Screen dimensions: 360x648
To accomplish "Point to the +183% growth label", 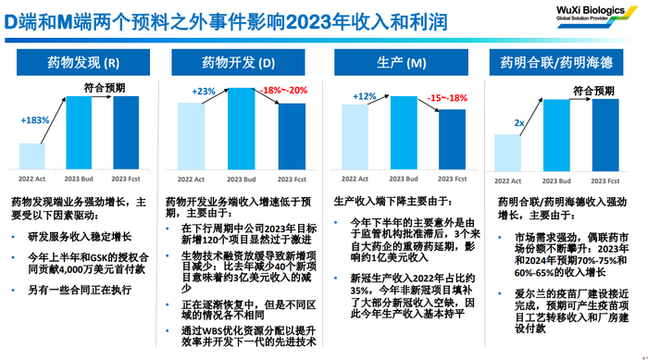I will tap(33, 121).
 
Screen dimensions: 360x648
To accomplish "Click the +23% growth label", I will tap(202, 91).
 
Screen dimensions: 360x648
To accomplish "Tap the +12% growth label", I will tap(365, 96).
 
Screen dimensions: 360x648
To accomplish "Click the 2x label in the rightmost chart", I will tap(519, 122).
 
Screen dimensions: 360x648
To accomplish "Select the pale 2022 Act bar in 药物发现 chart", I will tap(34, 156).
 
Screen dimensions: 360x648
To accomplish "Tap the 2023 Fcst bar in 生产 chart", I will tap(451, 139).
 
